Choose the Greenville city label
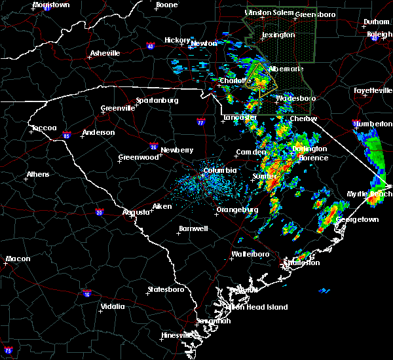pos(117,108)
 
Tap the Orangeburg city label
pos(236,209)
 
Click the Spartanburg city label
pos(157,100)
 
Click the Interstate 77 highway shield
pos(200,122)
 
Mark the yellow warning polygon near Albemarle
pos(261,80)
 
